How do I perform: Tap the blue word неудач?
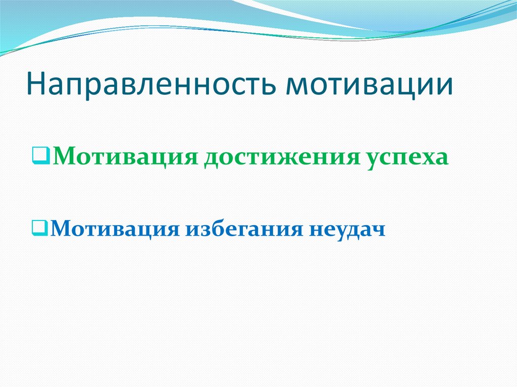pyautogui.click(x=345, y=230)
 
